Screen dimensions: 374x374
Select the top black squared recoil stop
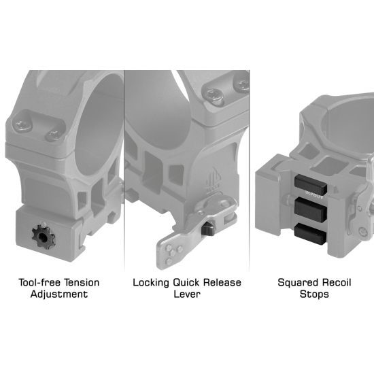pos(311,184)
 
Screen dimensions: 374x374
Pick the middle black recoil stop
pos(310,210)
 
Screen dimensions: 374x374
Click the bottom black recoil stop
pos(310,233)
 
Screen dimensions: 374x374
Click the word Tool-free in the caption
pos(40,282)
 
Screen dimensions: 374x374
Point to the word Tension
pos(82,282)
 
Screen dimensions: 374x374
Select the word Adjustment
pos(59,294)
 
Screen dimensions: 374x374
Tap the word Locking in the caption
pos(151,283)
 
